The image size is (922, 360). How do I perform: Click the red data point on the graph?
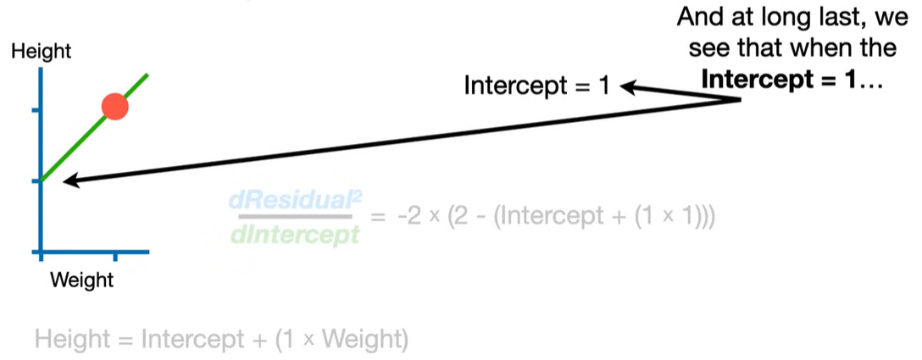click(114, 107)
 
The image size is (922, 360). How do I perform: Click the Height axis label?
click(41, 52)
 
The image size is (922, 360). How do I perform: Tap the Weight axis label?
click(81, 279)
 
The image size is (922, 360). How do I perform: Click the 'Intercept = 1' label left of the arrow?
click(536, 86)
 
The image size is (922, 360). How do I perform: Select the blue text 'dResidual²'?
click(294, 201)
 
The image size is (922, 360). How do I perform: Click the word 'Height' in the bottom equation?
click(71, 341)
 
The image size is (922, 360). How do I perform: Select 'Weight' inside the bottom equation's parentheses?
click(362, 341)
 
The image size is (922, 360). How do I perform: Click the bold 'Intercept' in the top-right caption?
click(756, 81)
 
